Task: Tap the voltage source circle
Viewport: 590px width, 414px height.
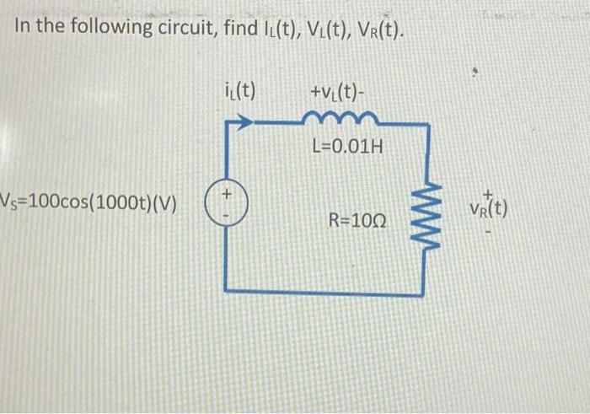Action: [225, 205]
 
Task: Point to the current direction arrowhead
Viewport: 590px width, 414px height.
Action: [243, 124]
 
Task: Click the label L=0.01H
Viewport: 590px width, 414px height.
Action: [346, 148]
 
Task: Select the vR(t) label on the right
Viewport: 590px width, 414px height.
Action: [491, 206]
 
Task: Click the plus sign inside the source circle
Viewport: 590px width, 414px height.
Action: [225, 196]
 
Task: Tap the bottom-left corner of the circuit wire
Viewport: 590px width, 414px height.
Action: [228, 291]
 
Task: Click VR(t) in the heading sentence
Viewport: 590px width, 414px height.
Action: [377, 29]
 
